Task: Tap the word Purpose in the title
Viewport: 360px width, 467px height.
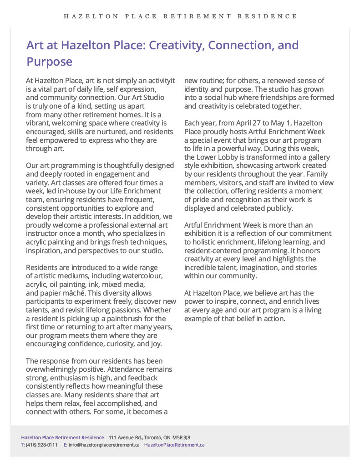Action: pyautogui.click(x=49, y=62)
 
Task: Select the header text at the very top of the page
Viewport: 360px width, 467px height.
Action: pyautogui.click(x=180, y=16)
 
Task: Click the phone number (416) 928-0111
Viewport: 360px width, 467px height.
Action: pyautogui.click(x=41, y=445)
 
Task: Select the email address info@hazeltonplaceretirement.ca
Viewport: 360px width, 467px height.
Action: pyautogui.click(x=104, y=445)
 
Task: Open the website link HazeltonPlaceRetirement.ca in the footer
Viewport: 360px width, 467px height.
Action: pyautogui.click(x=174, y=445)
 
